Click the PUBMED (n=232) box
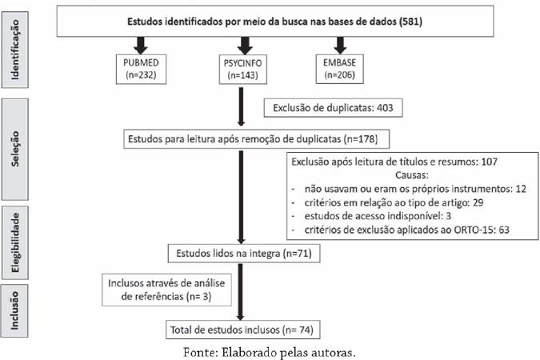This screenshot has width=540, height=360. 141,69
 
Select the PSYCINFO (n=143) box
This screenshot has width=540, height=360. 243,70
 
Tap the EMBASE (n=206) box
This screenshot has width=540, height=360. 339,69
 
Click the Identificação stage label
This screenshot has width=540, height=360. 15,50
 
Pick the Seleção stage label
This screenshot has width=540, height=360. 15,149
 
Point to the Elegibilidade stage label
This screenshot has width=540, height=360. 15,242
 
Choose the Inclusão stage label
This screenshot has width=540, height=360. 15,310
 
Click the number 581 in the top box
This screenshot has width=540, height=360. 410,22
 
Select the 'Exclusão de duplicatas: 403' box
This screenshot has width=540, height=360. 333,108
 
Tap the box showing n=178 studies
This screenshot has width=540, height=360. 257,139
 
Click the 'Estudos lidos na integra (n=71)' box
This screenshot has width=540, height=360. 244,254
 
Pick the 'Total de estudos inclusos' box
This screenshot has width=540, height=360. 242,330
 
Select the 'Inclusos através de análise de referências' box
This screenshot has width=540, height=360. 166,290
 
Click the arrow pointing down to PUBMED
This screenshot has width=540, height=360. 141,46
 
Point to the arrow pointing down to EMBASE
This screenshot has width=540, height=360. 340,46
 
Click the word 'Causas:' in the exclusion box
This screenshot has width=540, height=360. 412,175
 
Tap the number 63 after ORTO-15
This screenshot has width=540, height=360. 504,230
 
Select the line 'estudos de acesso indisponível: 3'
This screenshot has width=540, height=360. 378,216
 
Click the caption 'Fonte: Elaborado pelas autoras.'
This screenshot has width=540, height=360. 270,353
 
